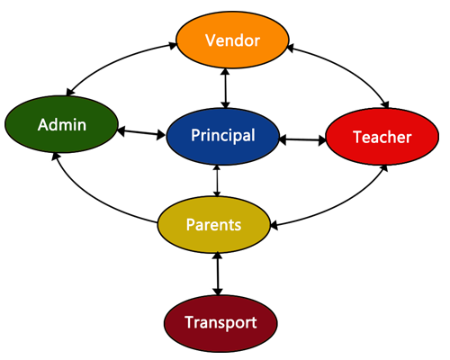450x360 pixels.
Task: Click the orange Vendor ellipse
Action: pyautogui.click(x=232, y=40)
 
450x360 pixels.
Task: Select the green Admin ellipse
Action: pyautogui.click(x=61, y=124)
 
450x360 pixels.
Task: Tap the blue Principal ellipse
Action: pyautogui.click(x=223, y=136)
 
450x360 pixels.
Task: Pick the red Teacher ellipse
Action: pyautogui.click(x=382, y=137)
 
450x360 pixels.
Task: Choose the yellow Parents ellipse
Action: pyautogui.click(x=214, y=225)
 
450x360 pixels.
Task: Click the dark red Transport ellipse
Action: pyautogui.click(x=220, y=323)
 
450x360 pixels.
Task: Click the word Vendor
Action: pyautogui.click(x=232, y=40)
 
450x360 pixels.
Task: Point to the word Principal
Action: pyautogui.click(x=223, y=135)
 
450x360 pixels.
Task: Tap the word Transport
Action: pyautogui.click(x=220, y=322)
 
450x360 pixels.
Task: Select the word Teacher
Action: pyautogui.click(x=382, y=137)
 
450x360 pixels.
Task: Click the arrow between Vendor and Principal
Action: pyautogui.click(x=225, y=88)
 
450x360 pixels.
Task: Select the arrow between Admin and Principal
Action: pyautogui.click(x=141, y=133)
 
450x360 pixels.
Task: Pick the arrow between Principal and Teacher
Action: pyautogui.click(x=302, y=139)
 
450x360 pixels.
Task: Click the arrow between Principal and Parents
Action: pyautogui.click(x=217, y=181)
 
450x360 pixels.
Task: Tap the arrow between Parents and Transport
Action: pyautogui.click(x=218, y=274)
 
